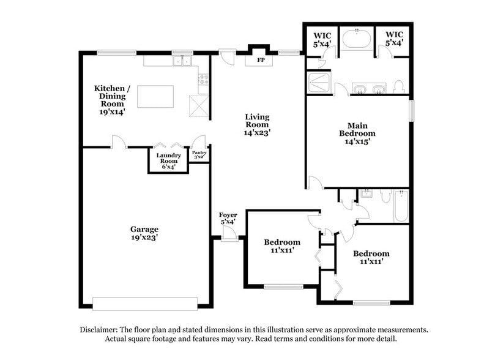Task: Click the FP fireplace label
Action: [260, 61]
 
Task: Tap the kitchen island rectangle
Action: [155, 97]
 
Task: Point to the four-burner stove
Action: [203, 79]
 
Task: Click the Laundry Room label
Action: [168, 160]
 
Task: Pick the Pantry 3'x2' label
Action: [199, 156]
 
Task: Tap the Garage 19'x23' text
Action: [144, 233]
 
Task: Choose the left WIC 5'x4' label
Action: [322, 39]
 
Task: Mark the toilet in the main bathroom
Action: [398, 86]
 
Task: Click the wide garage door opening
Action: [145, 303]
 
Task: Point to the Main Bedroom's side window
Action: [412, 110]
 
